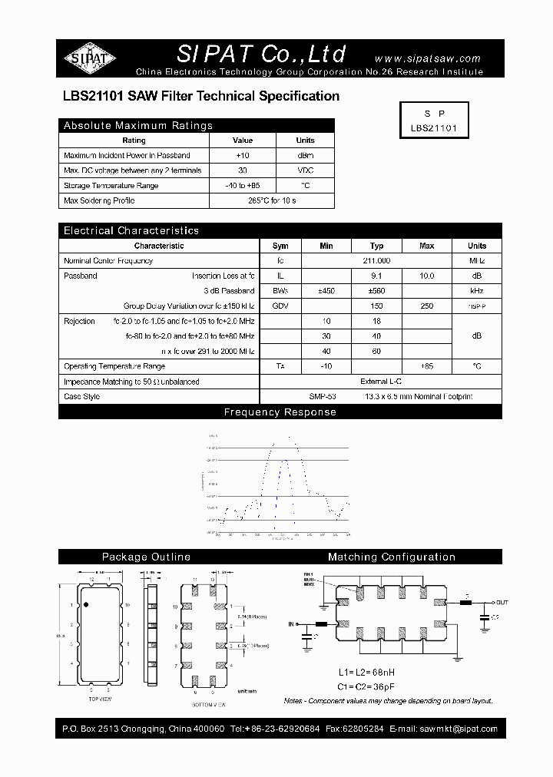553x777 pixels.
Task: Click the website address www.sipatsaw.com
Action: tap(427, 58)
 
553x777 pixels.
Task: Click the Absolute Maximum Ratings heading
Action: tap(138, 125)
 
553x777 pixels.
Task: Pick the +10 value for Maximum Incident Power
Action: tap(243, 155)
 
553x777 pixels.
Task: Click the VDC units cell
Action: tap(305, 170)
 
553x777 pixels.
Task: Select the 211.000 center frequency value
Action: tap(376, 261)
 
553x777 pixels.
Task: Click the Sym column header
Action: tap(280, 246)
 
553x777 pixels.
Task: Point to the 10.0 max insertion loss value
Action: tap(426, 276)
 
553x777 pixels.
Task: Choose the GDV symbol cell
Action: tap(280, 306)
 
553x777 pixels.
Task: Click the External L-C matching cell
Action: tap(380, 382)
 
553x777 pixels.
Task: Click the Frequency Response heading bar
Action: tap(280, 412)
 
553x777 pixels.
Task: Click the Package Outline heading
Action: tap(146, 557)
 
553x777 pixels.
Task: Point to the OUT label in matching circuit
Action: tap(502, 603)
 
